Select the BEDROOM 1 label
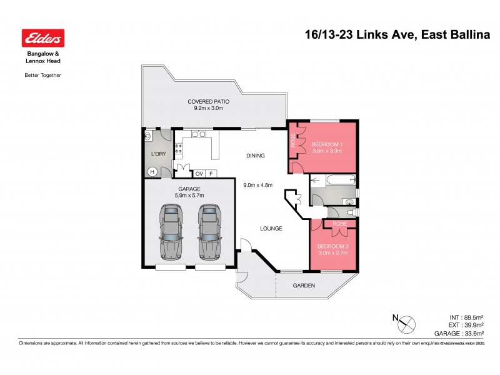pos(328,145)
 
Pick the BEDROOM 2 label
pos(333,246)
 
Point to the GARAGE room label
pos(188,188)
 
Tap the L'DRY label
pos(157,153)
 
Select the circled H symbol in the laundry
pos(151,172)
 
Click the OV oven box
pos(199,173)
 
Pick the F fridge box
pos(211,173)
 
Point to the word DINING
pos(255,156)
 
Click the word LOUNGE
pos(271,228)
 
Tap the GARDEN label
pos(304,286)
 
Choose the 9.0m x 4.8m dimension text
pos(257,184)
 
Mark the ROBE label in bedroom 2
pos(340,223)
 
